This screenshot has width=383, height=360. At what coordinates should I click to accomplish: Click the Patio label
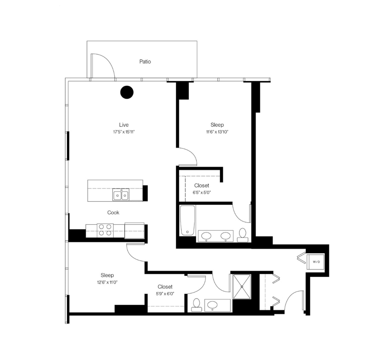pos(145,62)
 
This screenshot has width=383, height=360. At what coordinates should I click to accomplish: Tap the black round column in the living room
pos(127,92)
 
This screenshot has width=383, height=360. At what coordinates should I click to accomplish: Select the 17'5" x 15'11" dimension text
pos(124,132)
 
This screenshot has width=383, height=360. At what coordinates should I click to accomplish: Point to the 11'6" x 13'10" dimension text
pos(217,132)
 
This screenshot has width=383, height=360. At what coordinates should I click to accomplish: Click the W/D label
pos(316,261)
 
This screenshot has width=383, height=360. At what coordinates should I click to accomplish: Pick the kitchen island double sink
pos(121,195)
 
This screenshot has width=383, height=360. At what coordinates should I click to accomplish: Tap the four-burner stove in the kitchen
pos(105,230)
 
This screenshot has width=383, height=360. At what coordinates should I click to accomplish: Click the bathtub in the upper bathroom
pos(187,221)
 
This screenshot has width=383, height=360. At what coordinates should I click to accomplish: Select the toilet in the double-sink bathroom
pos(242,235)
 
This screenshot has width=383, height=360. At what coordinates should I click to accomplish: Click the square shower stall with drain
pos(242,287)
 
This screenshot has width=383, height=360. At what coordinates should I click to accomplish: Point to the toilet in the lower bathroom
pos(196,305)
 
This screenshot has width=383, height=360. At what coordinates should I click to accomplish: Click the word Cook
pos(113,212)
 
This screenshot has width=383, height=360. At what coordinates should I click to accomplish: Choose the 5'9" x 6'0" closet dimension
pos(165,294)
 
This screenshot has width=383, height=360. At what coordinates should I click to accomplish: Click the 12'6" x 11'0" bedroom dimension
pos(107,282)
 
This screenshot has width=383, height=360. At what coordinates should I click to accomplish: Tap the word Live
pos(124,125)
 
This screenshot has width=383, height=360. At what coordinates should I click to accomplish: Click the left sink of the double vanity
pos(207,235)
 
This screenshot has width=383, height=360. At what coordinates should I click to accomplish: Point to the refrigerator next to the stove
pos(135,230)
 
